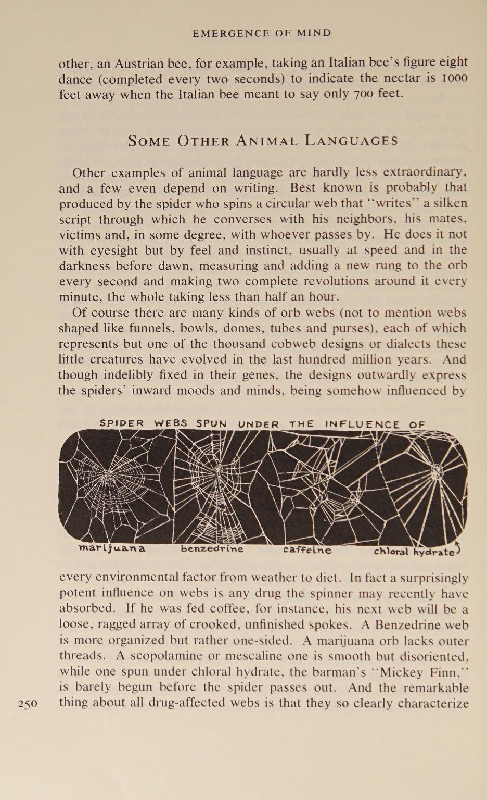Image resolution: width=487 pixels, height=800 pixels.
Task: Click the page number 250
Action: (28, 704)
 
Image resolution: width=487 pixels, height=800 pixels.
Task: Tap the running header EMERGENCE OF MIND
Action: (262, 33)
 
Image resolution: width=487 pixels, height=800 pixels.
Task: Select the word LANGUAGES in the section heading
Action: (351, 141)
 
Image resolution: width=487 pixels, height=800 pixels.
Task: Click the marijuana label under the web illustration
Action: (111, 548)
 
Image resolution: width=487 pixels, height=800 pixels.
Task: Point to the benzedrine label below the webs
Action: (212, 549)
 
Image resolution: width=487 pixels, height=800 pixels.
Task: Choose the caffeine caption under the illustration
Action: (307, 549)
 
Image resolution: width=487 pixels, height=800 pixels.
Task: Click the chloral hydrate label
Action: (414, 551)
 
